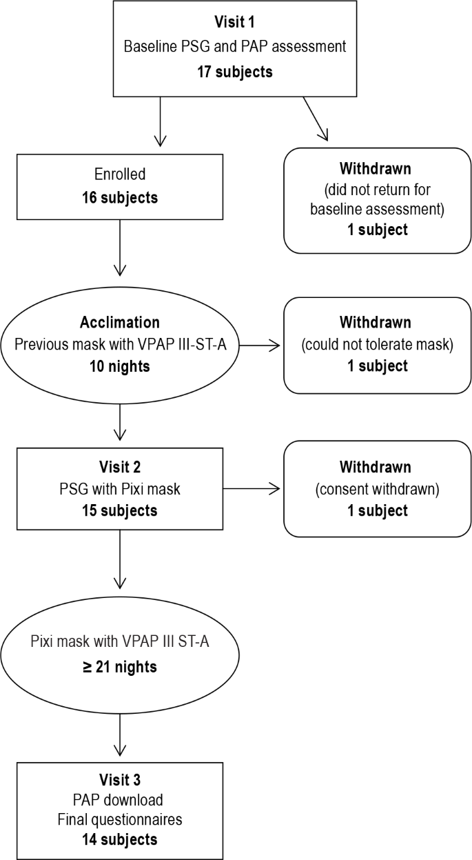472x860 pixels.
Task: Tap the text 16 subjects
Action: click(121, 198)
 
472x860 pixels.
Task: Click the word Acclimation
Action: click(120, 322)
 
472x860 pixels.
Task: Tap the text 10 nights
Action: click(120, 366)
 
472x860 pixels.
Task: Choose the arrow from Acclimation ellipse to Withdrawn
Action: click(260, 345)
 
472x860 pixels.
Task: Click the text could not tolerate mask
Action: click(377, 344)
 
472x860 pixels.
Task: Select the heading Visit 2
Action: click(120, 466)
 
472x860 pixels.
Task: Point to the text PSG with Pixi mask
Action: click(120, 488)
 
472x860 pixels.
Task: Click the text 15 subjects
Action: click(120, 510)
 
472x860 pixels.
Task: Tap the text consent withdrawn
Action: click(377, 488)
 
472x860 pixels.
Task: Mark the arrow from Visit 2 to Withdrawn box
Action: click(252, 489)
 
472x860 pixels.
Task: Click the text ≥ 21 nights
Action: click(120, 667)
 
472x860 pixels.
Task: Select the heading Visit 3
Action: click(120, 780)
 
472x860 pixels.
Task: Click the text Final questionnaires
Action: click(120, 819)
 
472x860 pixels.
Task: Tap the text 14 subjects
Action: click(120, 839)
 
